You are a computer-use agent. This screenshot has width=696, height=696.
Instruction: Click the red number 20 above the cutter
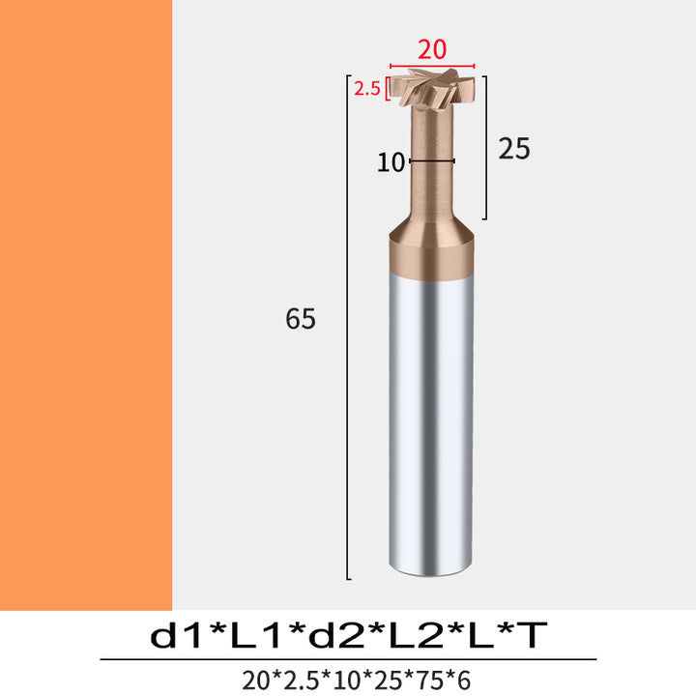click(432, 49)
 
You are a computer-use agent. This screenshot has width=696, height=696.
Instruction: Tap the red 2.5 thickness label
click(367, 89)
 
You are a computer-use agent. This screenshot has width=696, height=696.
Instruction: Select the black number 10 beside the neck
click(391, 162)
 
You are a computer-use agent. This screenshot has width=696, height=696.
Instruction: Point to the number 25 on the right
click(514, 148)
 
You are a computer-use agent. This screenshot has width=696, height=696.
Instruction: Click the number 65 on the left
click(301, 318)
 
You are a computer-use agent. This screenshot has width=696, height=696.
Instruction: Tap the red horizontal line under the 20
click(432, 66)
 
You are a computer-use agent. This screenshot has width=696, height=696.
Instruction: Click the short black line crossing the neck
click(432, 161)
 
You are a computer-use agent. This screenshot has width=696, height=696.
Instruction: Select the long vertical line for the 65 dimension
click(347, 327)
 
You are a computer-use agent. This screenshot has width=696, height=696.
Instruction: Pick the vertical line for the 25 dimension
click(486, 148)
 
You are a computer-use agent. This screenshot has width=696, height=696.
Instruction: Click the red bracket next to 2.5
click(388, 89)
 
